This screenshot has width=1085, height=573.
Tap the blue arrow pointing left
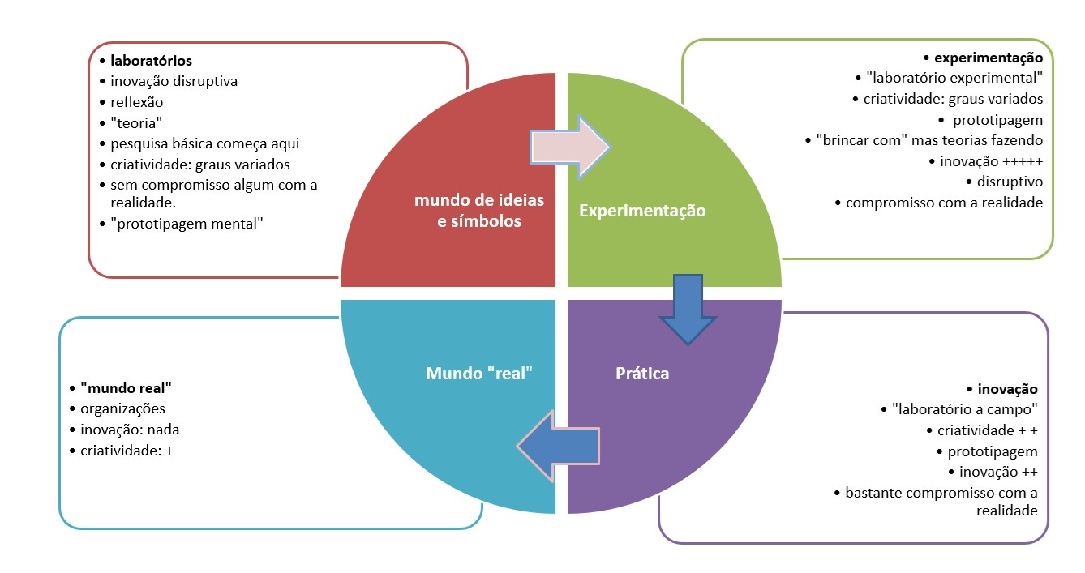click(559, 446)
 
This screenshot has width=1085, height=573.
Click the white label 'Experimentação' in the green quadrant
click(642, 211)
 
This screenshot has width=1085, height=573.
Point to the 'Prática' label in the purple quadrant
click(642, 374)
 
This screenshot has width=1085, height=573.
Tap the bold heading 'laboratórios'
click(151, 61)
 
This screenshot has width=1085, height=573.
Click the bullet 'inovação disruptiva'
click(174, 81)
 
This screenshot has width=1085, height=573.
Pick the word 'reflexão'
click(136, 102)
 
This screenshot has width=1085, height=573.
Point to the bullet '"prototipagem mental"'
click(187, 223)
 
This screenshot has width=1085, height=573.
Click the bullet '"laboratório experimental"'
click(954, 78)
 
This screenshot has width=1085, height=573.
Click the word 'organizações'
click(122, 408)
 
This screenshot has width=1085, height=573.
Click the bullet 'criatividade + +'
click(988, 430)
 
